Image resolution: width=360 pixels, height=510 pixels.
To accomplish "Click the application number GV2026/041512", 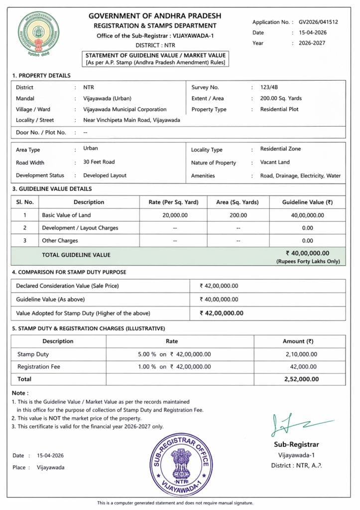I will click(x=318, y=22).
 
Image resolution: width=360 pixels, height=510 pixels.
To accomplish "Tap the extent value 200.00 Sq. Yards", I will click(x=281, y=98).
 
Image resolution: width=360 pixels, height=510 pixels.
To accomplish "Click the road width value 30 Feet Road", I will click(x=99, y=162).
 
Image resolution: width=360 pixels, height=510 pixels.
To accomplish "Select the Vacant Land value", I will click(x=275, y=162).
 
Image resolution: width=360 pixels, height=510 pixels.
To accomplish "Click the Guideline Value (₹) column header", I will click(x=307, y=202).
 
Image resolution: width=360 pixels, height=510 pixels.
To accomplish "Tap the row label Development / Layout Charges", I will click(x=80, y=228).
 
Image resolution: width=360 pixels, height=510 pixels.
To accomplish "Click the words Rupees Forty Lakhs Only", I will click(x=308, y=261).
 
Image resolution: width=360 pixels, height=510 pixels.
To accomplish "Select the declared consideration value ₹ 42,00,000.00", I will click(x=219, y=286).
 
